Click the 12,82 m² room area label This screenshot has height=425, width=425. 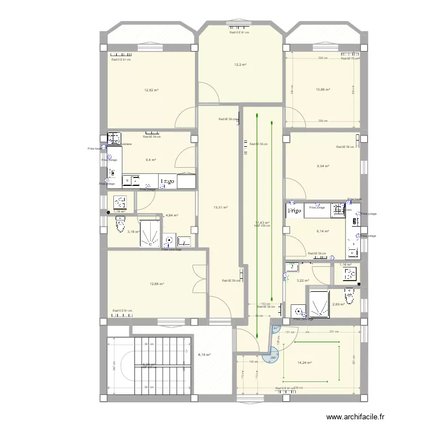coord(151,90)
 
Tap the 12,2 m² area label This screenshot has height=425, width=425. coord(240,65)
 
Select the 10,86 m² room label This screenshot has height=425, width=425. coord(323,90)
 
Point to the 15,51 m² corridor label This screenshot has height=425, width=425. coord(220,207)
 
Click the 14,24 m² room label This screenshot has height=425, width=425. coord(305,363)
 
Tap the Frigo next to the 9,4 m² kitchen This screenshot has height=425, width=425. coord(167,181)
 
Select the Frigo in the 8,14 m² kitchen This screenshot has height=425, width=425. coord(294,210)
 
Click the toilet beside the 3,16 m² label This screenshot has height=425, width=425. coord(120,226)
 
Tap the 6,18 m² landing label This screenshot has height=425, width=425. coord(204,355)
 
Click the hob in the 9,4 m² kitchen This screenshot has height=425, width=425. coord(114,138)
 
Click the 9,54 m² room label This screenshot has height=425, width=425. coord(323,166)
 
